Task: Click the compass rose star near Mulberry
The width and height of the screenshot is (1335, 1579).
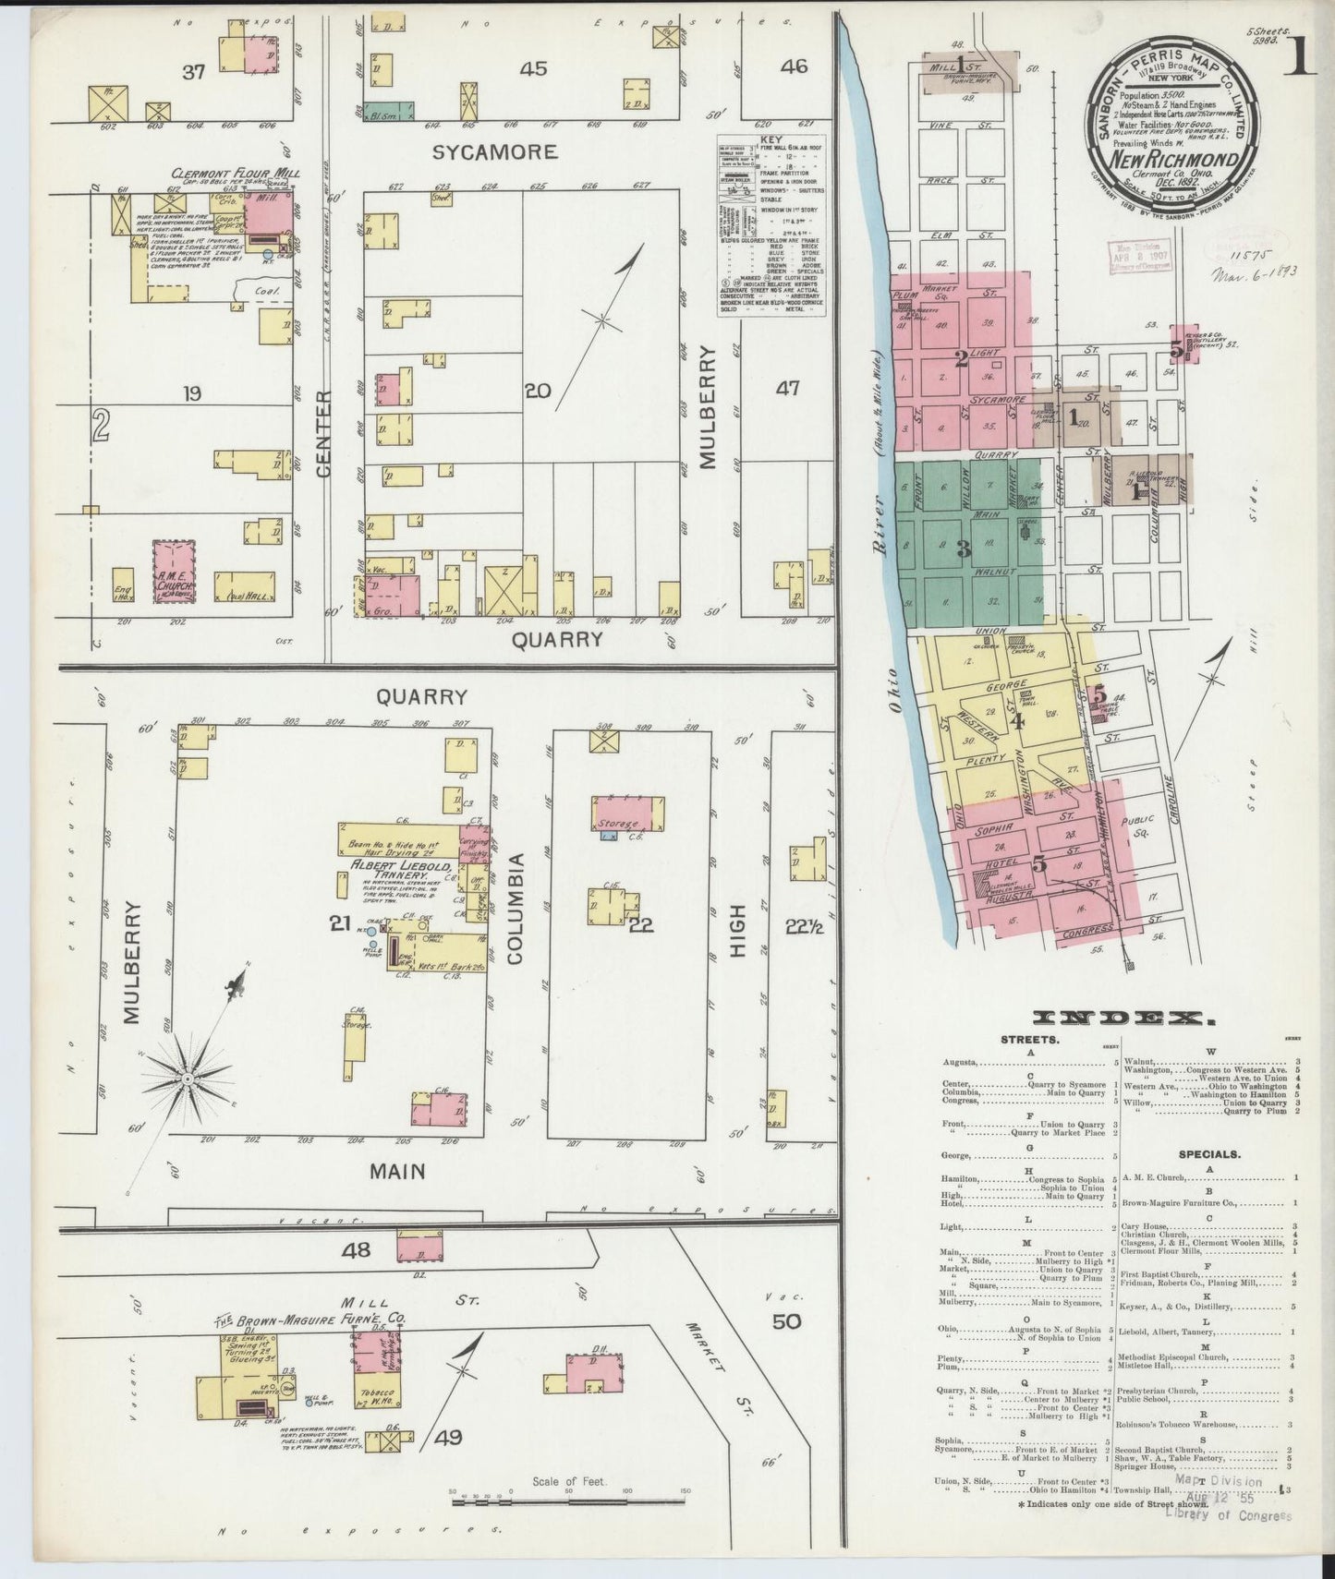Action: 188,1078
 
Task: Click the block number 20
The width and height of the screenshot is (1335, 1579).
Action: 537,391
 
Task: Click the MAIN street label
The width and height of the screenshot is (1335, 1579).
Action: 397,1171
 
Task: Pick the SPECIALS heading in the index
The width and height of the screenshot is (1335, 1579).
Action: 1208,1153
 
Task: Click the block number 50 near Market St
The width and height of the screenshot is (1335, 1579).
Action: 786,1321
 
